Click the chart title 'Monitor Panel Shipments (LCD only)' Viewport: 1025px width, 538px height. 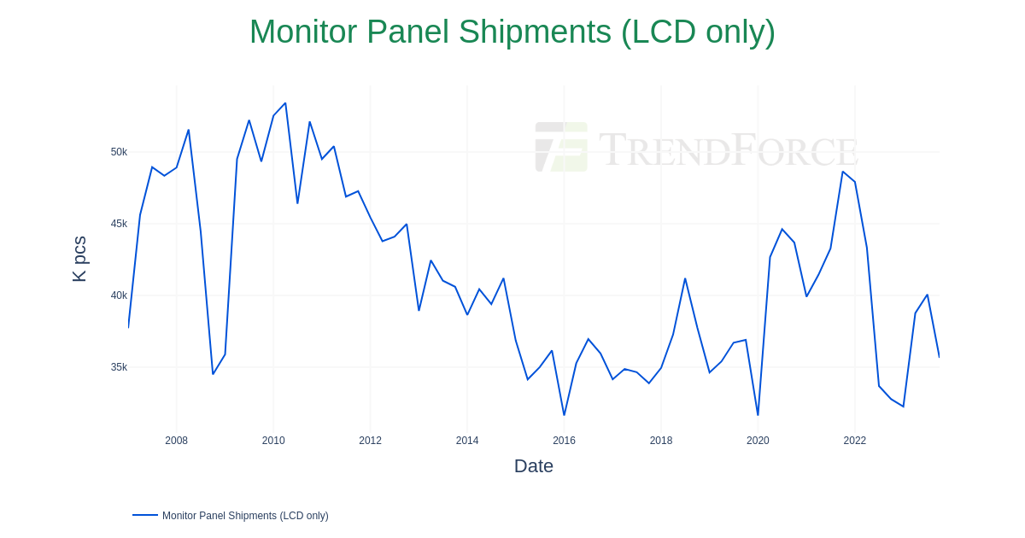tap(512, 32)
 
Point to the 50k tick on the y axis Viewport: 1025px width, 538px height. tap(119, 152)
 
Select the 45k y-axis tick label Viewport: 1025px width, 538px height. tap(119, 224)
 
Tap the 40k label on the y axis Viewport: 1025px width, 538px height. tap(119, 295)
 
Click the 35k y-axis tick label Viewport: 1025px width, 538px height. tap(119, 367)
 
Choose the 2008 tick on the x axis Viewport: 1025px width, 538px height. tap(177, 441)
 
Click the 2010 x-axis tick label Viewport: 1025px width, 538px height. tap(273, 441)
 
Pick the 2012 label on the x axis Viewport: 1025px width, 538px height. tap(371, 441)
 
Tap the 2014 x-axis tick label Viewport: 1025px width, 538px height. tap(467, 441)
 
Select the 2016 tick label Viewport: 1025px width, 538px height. tap(564, 441)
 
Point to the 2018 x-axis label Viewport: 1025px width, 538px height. tap(661, 441)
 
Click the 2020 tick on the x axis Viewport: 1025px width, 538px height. tap(758, 441)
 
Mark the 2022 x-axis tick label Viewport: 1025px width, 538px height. tap(855, 441)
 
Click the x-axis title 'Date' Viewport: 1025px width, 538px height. tap(534, 466)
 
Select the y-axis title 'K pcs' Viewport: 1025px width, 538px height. tap(79, 259)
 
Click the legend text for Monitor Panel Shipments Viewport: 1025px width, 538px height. tap(245, 516)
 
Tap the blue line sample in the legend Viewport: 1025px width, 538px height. tap(145, 515)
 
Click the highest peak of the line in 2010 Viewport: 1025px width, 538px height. tap(285, 103)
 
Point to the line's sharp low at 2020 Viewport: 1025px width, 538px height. tap(758, 415)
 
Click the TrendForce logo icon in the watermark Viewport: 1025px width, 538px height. tap(561, 147)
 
